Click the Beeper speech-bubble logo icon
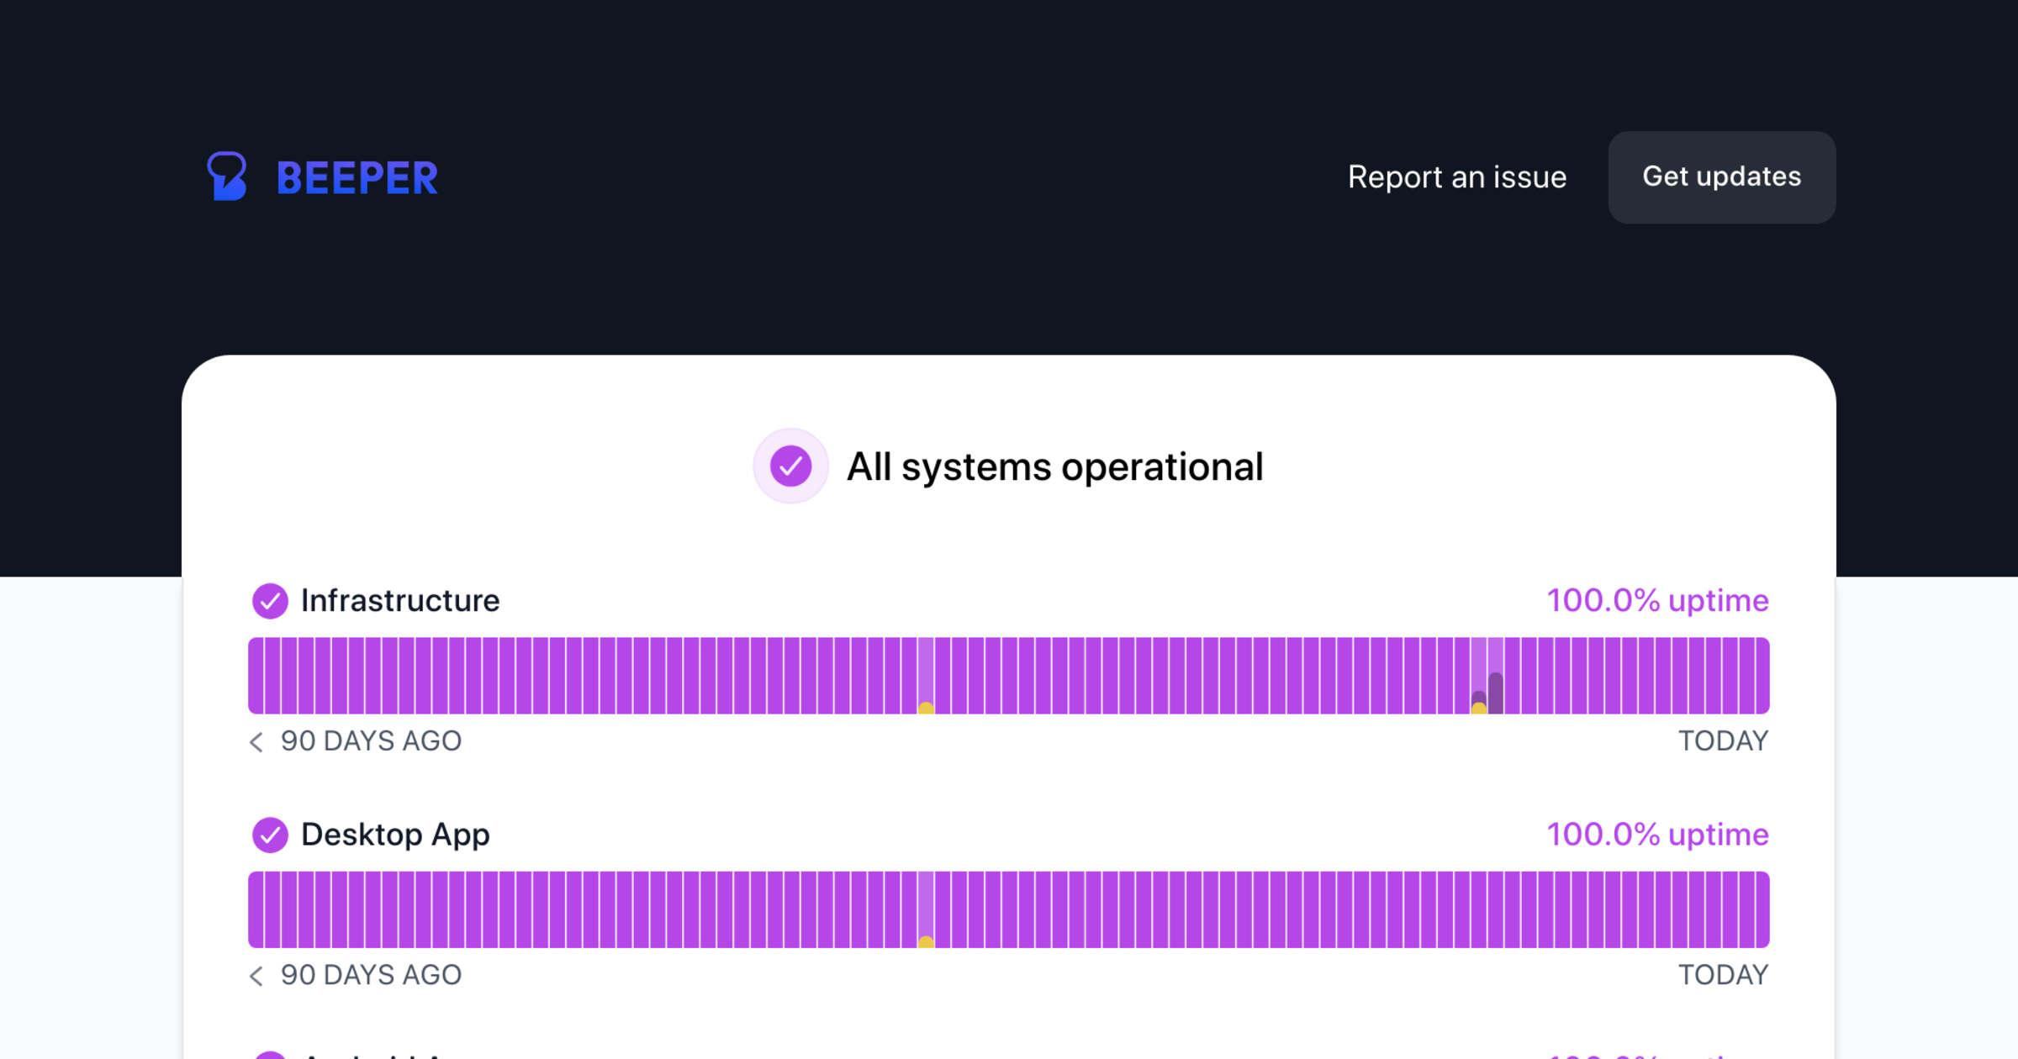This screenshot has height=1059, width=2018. [x=226, y=176]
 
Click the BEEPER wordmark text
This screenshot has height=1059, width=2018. [x=357, y=178]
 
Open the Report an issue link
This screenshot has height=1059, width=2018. [x=1457, y=177]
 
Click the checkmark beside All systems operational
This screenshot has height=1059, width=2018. [x=790, y=466]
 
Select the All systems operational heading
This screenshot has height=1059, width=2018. [x=1054, y=467]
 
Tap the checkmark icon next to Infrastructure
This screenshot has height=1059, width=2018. [x=270, y=601]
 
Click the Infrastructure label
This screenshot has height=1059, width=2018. [x=400, y=601]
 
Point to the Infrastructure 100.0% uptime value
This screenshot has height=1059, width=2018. [x=1657, y=601]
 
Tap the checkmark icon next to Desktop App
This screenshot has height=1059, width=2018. [x=270, y=835]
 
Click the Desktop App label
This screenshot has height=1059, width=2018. [x=395, y=835]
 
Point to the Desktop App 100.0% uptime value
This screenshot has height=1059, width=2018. [x=1657, y=835]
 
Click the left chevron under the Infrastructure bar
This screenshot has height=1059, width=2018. [x=256, y=741]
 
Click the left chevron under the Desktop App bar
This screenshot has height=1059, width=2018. [x=256, y=975]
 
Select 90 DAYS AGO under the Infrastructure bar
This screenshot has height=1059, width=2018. [x=371, y=741]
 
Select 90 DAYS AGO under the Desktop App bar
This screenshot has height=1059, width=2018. [x=371, y=975]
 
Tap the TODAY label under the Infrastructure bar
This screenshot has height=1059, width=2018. [x=1723, y=741]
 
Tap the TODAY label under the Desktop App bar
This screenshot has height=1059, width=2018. [x=1723, y=975]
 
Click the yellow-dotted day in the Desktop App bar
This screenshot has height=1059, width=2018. [x=926, y=909]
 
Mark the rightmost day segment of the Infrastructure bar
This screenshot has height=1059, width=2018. [x=1762, y=676]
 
